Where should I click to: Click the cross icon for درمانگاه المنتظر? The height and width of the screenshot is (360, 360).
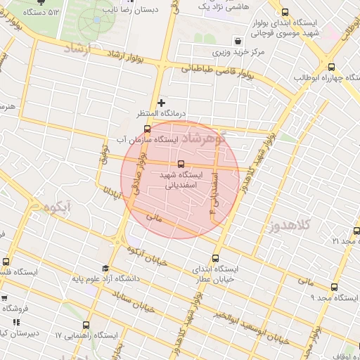pos(162,103)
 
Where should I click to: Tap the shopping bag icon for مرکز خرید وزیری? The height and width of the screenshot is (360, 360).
pos(240,41)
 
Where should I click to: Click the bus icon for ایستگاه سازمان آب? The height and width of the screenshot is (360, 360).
pos(146,129)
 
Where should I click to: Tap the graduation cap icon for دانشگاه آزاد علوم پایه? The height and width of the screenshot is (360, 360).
pos(105,268)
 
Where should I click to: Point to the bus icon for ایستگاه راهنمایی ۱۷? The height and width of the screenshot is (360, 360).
pos(86,325)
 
